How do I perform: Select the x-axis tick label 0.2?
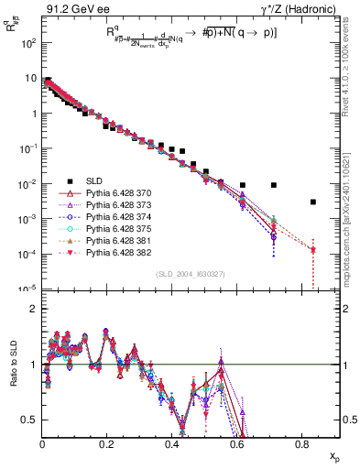pyautogui.click(x=106, y=443)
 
